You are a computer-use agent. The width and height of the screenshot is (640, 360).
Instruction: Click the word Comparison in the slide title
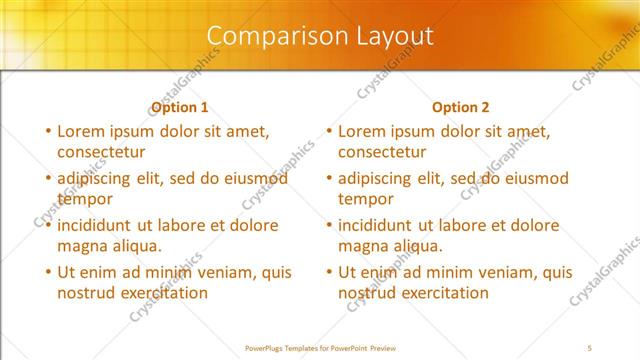[267, 36]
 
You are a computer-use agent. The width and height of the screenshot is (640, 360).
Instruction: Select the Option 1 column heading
[179, 107]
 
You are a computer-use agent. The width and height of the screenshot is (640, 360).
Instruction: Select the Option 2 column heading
[461, 107]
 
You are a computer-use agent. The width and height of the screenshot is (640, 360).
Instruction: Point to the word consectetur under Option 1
[101, 152]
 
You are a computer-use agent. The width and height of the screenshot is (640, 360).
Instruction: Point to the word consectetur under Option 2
[382, 152]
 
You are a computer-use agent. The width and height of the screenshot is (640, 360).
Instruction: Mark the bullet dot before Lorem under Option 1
[47, 131]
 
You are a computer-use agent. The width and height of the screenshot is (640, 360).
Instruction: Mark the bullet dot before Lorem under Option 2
[328, 131]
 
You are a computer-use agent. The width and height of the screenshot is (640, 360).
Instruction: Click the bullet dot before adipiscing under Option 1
[47, 179]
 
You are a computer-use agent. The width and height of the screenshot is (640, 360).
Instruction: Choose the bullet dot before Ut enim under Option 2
[328, 272]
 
